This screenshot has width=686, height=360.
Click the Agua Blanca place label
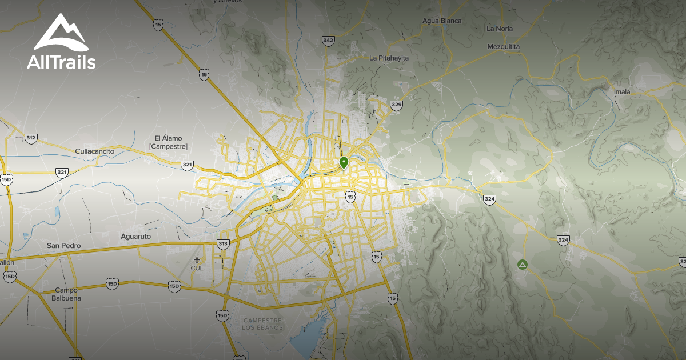pos(441,21)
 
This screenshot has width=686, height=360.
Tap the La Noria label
pos(500,29)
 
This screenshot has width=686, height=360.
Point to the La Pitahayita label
pos(389,58)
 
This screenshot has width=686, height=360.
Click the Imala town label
pos(621,91)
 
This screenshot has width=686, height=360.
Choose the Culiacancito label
pos(95,151)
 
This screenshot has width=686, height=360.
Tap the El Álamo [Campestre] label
pos(168,142)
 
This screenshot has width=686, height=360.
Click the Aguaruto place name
pos(136,236)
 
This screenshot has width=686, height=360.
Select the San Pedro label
pos(63,246)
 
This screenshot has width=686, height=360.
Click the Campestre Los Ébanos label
pos(264,323)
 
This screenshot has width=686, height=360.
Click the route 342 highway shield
pos(328,40)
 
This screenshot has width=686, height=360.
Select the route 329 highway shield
pos(396,105)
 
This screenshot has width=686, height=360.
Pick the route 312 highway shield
pos(31,138)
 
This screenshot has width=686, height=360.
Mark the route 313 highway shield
pos(223,244)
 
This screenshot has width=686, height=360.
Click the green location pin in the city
pos(344,162)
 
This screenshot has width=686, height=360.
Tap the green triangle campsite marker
pos(521,265)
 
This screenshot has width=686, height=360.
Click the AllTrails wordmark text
pos(61,62)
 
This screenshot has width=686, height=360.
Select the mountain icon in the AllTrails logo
pos(61,33)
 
